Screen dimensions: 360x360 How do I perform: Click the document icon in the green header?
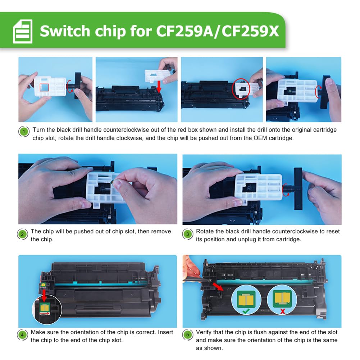[23, 31]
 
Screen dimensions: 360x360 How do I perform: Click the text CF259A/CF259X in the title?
[218, 31]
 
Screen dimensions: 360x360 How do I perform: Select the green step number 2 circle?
[23, 234]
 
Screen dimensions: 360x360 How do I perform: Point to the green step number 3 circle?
[188, 234]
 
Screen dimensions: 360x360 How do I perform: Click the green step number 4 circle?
[23, 335]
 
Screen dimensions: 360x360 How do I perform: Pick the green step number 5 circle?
[188, 335]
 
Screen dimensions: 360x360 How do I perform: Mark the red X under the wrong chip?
[282, 311]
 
